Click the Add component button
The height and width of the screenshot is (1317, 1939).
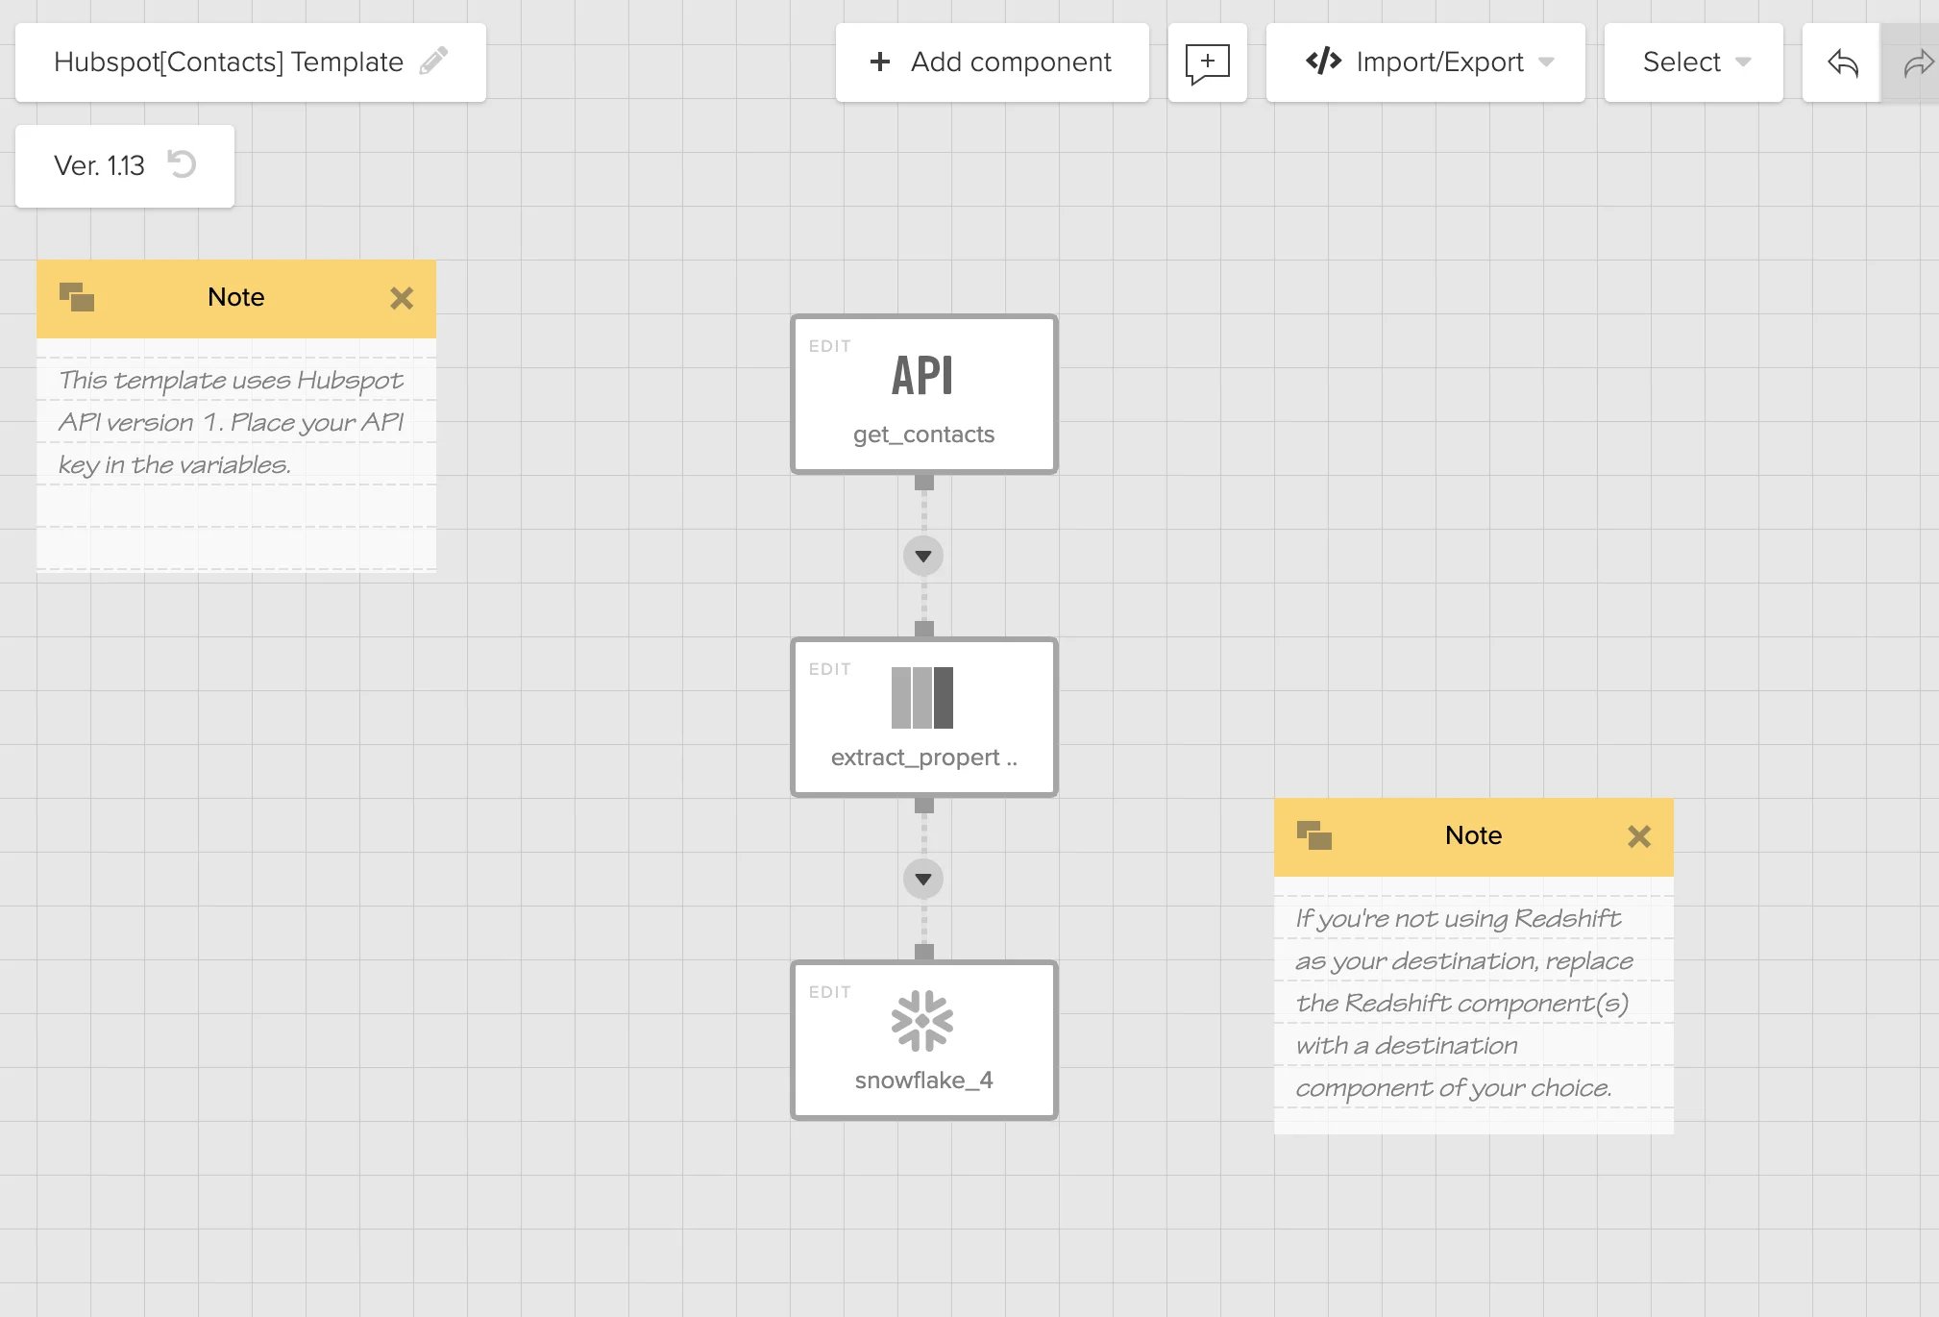click(x=992, y=62)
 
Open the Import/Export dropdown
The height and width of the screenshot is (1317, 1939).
click(x=1425, y=62)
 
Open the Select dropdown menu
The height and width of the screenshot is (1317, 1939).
click(x=1693, y=62)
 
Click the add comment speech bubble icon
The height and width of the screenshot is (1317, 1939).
click(x=1207, y=63)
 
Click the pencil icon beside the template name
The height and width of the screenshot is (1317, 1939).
click(x=433, y=61)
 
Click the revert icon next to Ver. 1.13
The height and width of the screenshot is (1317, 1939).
click(x=181, y=164)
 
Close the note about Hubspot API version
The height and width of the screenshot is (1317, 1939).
click(x=402, y=298)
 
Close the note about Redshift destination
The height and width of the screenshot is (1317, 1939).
click(x=1639, y=836)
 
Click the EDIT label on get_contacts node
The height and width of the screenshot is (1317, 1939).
click(x=829, y=346)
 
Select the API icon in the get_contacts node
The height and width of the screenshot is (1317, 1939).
click(x=922, y=375)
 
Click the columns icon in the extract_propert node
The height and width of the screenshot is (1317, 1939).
click(x=922, y=698)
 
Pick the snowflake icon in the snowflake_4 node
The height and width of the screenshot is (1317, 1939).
click(x=922, y=1020)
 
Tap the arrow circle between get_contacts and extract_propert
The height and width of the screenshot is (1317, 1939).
click(x=923, y=556)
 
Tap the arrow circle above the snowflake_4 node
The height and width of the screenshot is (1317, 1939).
click(x=923, y=879)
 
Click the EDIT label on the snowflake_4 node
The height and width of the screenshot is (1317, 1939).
click(x=829, y=992)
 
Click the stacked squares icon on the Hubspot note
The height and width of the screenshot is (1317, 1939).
click(x=77, y=297)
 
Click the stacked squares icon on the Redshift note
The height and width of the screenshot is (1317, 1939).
click(x=1314, y=835)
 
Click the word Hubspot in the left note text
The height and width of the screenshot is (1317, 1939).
click(x=350, y=381)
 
